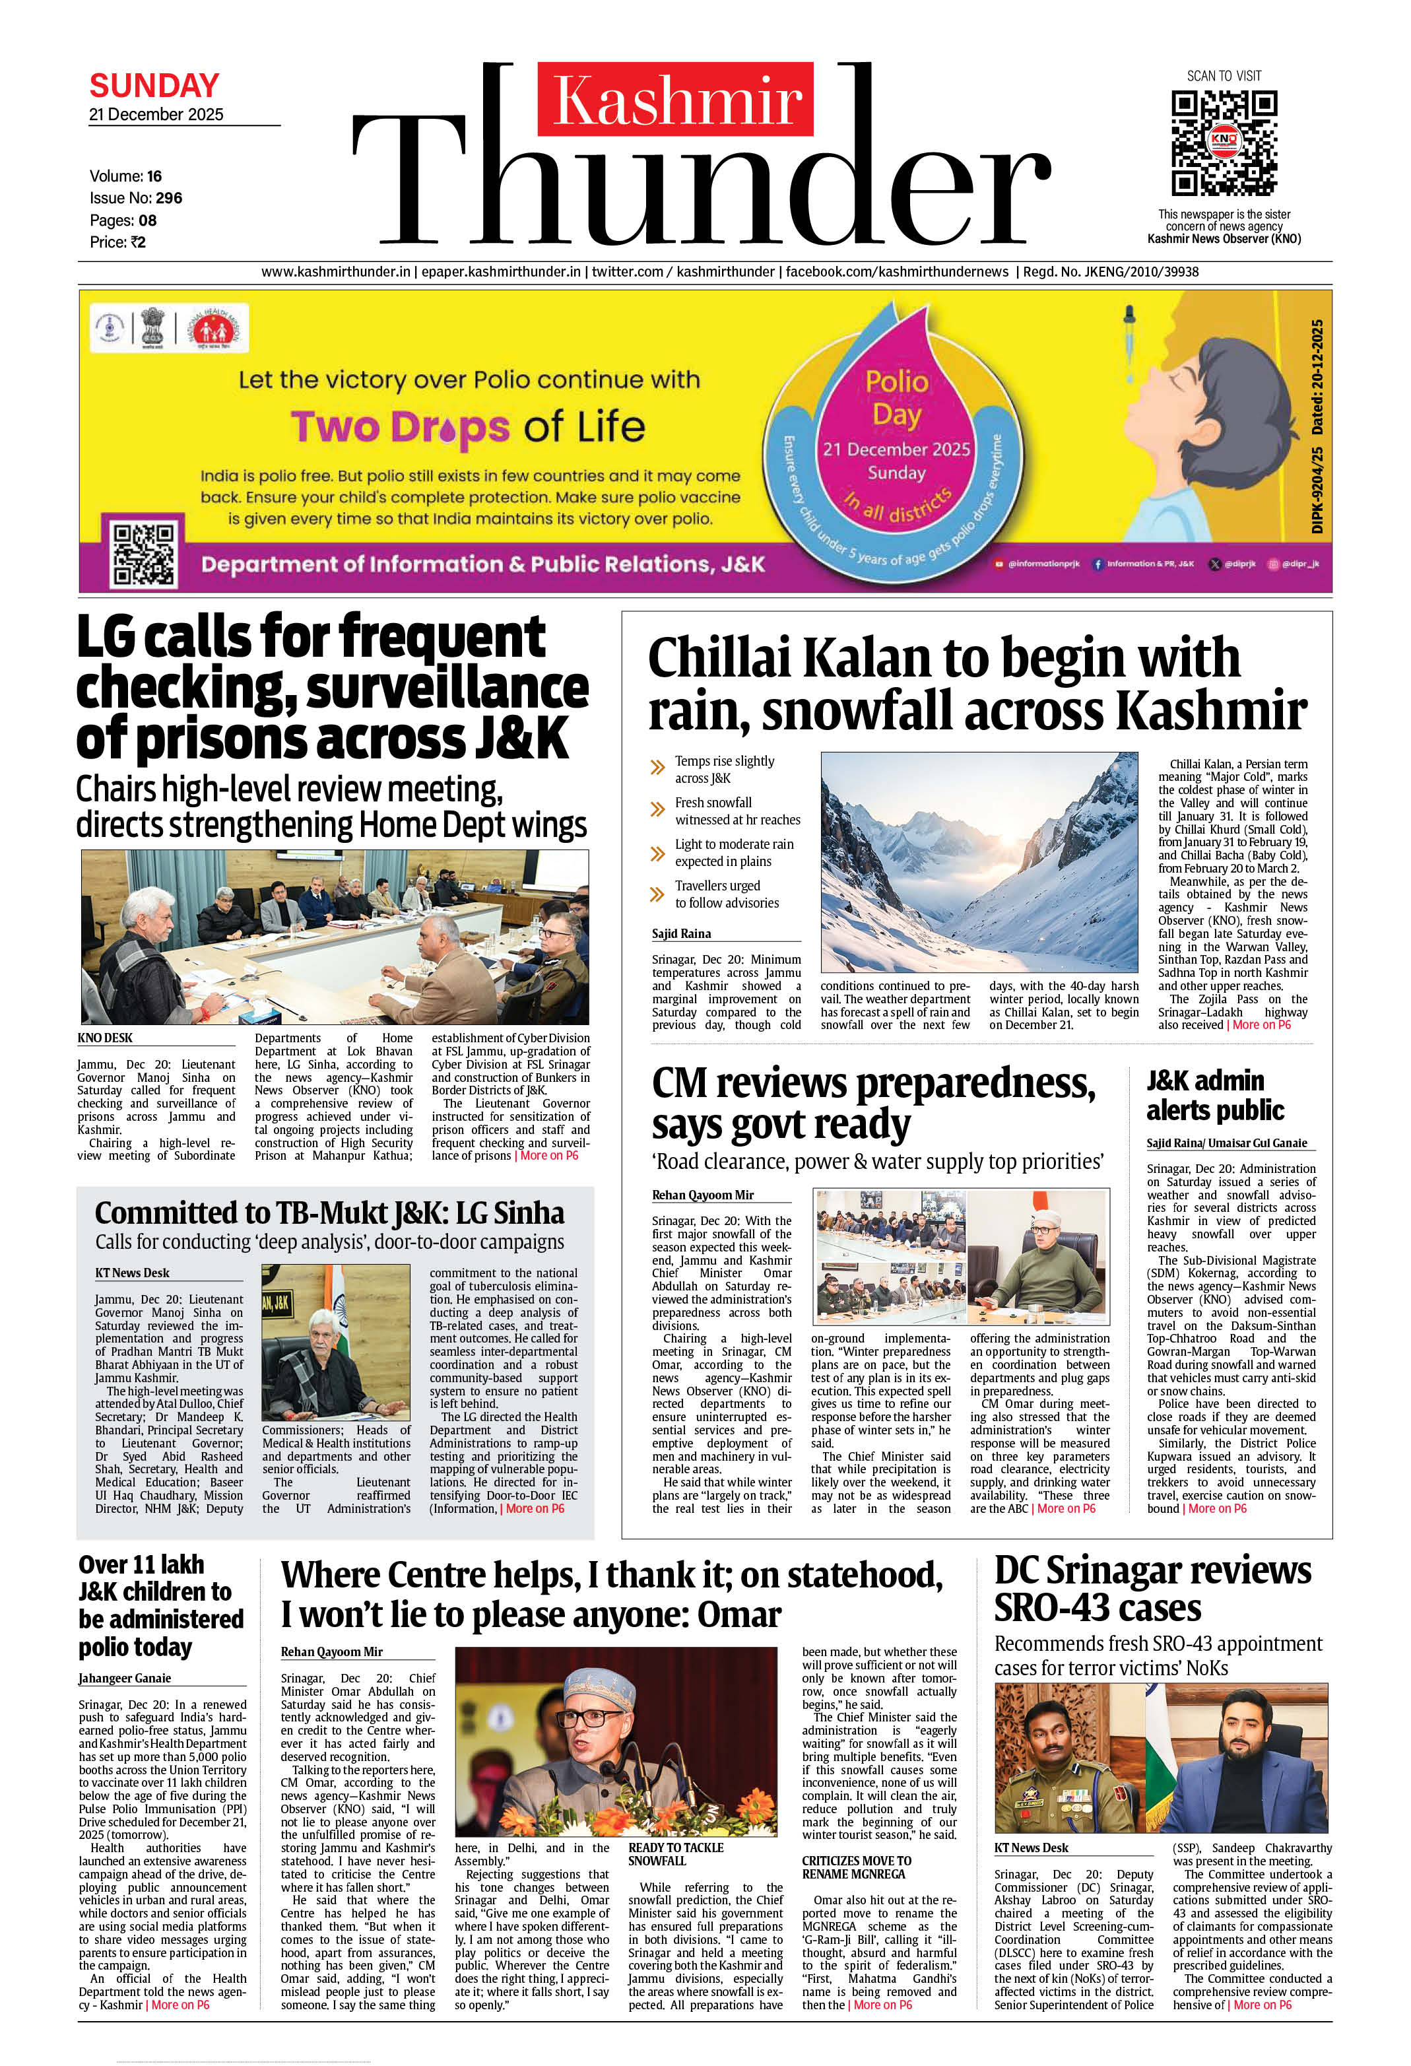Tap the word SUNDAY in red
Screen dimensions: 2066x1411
coord(154,85)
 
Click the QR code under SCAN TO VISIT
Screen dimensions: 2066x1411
coord(1224,143)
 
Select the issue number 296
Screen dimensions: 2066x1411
coord(169,198)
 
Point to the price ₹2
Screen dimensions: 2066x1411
coord(136,242)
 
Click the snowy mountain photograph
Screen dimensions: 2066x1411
coord(978,861)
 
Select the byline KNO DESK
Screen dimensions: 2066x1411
coord(105,1038)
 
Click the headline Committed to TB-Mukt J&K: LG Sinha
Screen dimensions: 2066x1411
coord(329,1213)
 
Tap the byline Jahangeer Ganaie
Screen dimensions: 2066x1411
coord(125,1679)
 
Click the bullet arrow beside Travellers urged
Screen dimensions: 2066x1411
coord(658,894)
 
